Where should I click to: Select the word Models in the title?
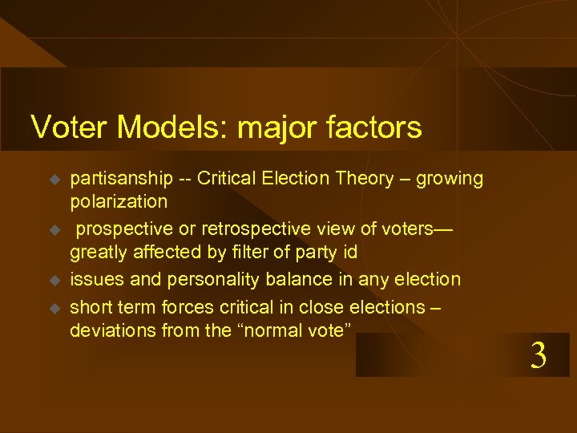click(x=162, y=127)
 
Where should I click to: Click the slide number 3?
click(x=539, y=355)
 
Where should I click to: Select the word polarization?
click(x=119, y=200)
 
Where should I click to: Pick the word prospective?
click(x=123, y=229)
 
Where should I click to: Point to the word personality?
click(x=208, y=280)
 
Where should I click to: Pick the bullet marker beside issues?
click(x=54, y=281)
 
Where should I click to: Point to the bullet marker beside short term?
click(x=54, y=308)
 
